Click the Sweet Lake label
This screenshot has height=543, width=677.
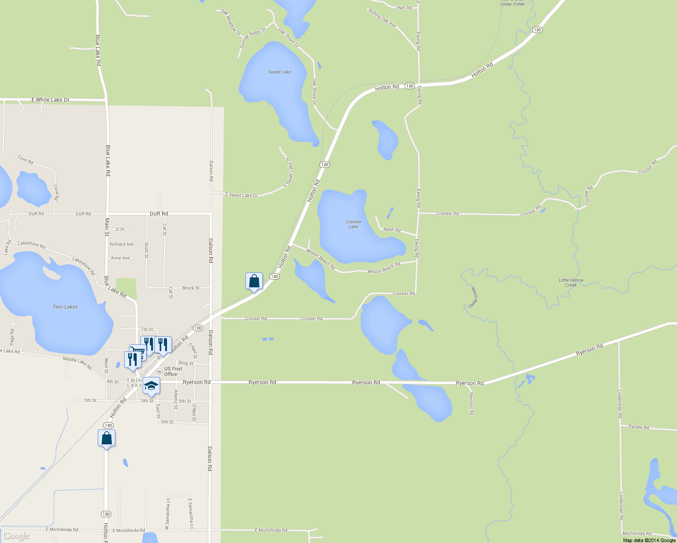coord(279,72)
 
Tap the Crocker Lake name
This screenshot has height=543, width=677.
coord(353,224)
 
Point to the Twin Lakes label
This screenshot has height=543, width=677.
coord(65,307)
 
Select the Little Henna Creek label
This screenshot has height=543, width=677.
coord(571,282)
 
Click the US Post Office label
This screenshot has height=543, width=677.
coord(173,372)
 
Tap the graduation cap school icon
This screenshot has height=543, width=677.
coord(151,386)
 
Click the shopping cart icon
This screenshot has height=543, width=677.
coord(137,352)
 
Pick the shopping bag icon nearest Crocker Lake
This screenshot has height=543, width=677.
coord(254,281)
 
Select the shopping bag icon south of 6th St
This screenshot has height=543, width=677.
coord(106,438)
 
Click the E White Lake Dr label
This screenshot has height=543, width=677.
coord(50,100)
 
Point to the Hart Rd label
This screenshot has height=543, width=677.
coord(404,8)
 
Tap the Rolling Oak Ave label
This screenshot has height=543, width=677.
coord(382,19)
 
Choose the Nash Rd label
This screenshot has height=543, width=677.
coord(392,229)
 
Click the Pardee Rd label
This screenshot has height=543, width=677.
coord(639,427)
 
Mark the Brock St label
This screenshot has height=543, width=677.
coord(191,288)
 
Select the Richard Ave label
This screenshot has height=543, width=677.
coord(122,244)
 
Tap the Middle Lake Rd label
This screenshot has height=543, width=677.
coord(77,362)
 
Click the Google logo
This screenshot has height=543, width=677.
coord(16,536)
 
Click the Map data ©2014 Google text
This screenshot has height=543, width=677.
coord(649,540)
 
